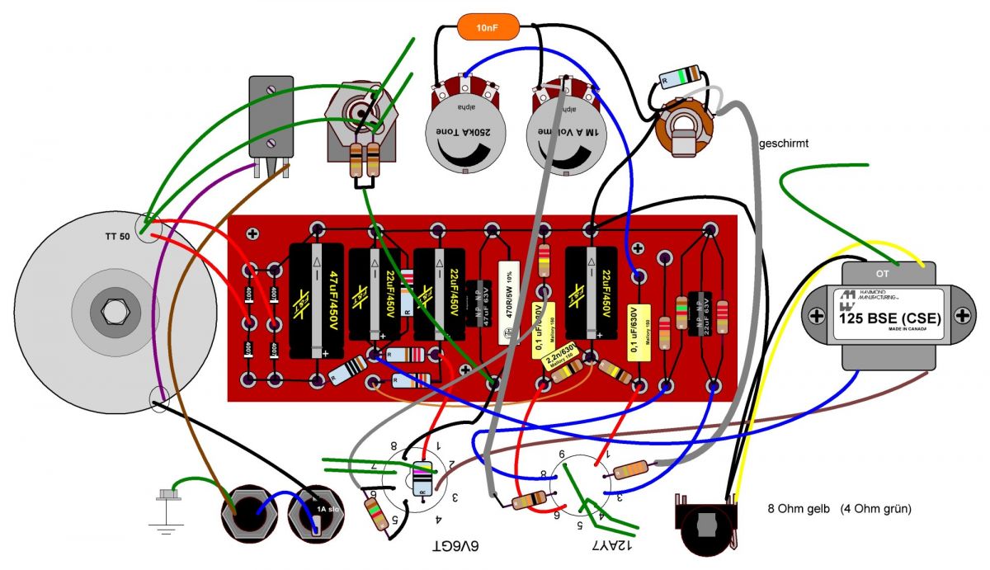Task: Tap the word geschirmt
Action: tap(784, 144)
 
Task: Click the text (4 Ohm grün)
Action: tap(875, 509)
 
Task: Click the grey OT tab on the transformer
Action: tap(888, 271)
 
